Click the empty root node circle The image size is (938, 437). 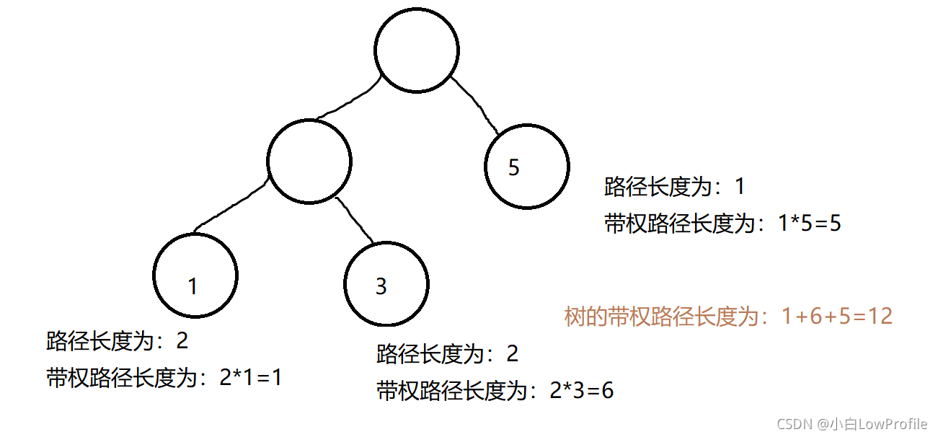pyautogui.click(x=416, y=50)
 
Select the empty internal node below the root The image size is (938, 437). pyautogui.click(x=309, y=162)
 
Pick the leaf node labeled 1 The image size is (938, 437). pyautogui.click(x=195, y=275)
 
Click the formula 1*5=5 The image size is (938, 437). pyautogui.click(x=810, y=224)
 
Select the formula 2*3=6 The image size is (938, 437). pyautogui.click(x=581, y=391)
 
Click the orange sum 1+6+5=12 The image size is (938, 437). pyautogui.click(x=837, y=316)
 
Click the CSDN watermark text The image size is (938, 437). pyautogui.click(x=852, y=424)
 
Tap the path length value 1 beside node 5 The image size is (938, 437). pyautogui.click(x=739, y=187)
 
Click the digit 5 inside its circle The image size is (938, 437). pyautogui.click(x=513, y=168)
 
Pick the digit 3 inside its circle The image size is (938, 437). pyautogui.click(x=381, y=287)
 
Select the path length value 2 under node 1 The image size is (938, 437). pyautogui.click(x=182, y=340)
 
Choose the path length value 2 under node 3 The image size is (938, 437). pyautogui.click(x=512, y=354)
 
